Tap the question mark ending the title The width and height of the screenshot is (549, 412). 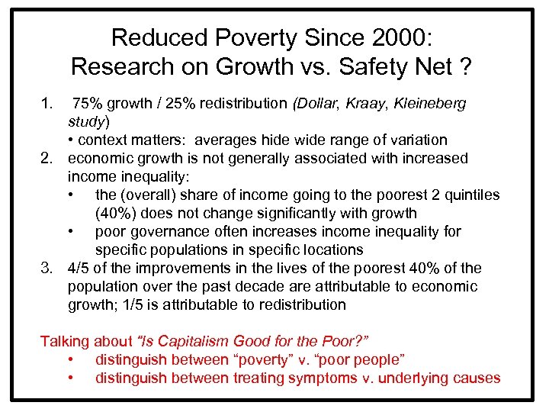464,66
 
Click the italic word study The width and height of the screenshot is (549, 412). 86,121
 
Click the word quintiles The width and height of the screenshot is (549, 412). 470,195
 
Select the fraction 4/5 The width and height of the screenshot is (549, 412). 79,268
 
